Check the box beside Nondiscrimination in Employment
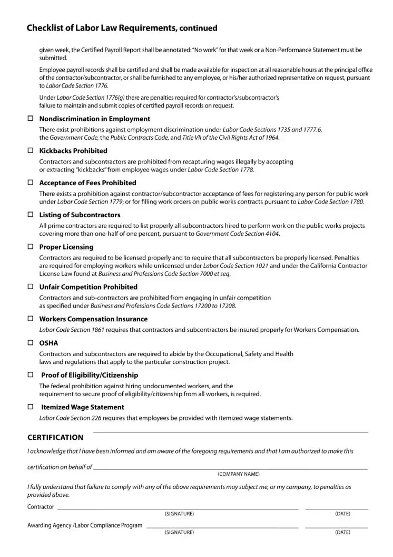click(x=30, y=119)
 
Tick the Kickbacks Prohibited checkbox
click(x=30, y=151)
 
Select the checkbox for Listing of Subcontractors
click(x=30, y=215)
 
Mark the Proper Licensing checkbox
click(x=30, y=247)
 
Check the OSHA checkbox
click(x=30, y=343)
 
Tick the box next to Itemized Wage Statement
click(x=30, y=407)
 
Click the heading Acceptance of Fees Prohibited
click(x=87, y=183)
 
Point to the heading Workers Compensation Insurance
click(x=93, y=319)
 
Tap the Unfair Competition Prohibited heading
click(x=88, y=287)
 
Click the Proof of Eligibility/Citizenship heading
click(x=90, y=375)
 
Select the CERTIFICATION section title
click(x=55, y=437)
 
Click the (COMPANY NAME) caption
click(x=239, y=474)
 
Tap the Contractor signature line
click(x=178, y=508)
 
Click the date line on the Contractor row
click(x=336, y=508)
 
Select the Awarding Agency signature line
click(x=222, y=526)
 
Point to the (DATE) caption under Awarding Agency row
click(x=342, y=532)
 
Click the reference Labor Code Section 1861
click(x=72, y=330)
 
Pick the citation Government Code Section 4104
click(x=238, y=234)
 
